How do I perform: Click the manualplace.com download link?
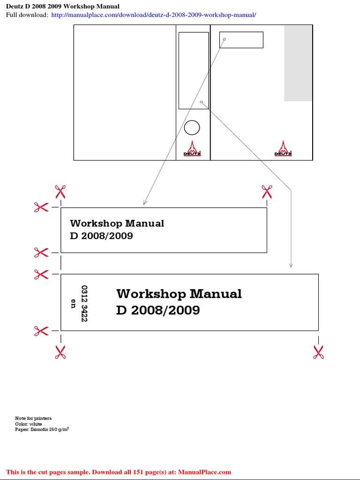click(154, 15)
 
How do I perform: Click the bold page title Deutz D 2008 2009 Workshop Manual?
click(62, 6)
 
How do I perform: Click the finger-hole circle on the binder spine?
click(192, 127)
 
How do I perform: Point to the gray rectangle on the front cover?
click(298, 63)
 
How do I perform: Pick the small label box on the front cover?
click(241, 40)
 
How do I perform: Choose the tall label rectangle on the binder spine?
click(194, 70)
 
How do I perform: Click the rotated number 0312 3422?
click(84, 303)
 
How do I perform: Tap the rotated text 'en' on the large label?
click(73, 303)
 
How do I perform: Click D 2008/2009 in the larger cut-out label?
click(158, 310)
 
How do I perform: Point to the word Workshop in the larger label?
click(148, 294)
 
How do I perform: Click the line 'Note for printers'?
click(33, 418)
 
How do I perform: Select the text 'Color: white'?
click(29, 424)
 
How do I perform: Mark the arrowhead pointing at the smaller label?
click(145, 203)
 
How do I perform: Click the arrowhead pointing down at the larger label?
click(291, 266)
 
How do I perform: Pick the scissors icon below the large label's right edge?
click(318, 352)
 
